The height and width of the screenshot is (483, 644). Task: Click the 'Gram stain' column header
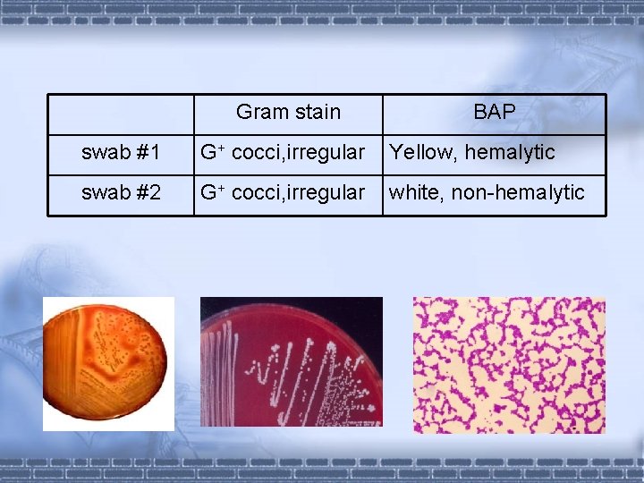click(288, 112)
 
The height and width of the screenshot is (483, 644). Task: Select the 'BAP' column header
click(494, 112)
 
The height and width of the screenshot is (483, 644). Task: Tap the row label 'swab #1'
click(121, 153)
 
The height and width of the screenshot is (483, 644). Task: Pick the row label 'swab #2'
click(121, 192)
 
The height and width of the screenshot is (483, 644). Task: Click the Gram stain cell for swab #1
click(282, 153)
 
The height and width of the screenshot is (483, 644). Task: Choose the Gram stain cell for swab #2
click(282, 192)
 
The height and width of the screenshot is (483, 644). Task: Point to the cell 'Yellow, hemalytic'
click(472, 153)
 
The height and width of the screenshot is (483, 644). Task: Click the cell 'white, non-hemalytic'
click(487, 192)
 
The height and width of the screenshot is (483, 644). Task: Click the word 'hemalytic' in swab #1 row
click(510, 153)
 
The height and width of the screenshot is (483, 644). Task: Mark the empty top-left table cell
click(122, 114)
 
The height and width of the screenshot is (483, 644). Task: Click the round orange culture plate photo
click(108, 363)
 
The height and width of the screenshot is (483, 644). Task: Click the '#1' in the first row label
click(148, 153)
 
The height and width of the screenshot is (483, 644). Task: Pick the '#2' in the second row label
click(148, 192)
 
